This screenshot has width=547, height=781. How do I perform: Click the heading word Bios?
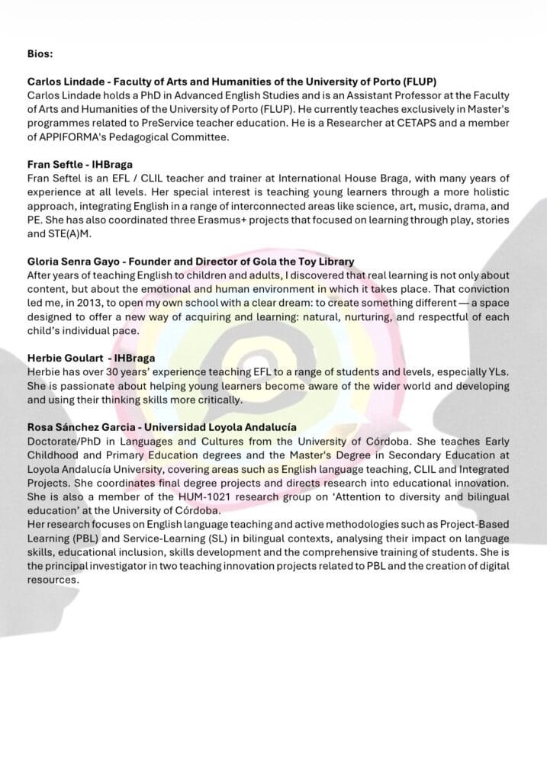point(40,54)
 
